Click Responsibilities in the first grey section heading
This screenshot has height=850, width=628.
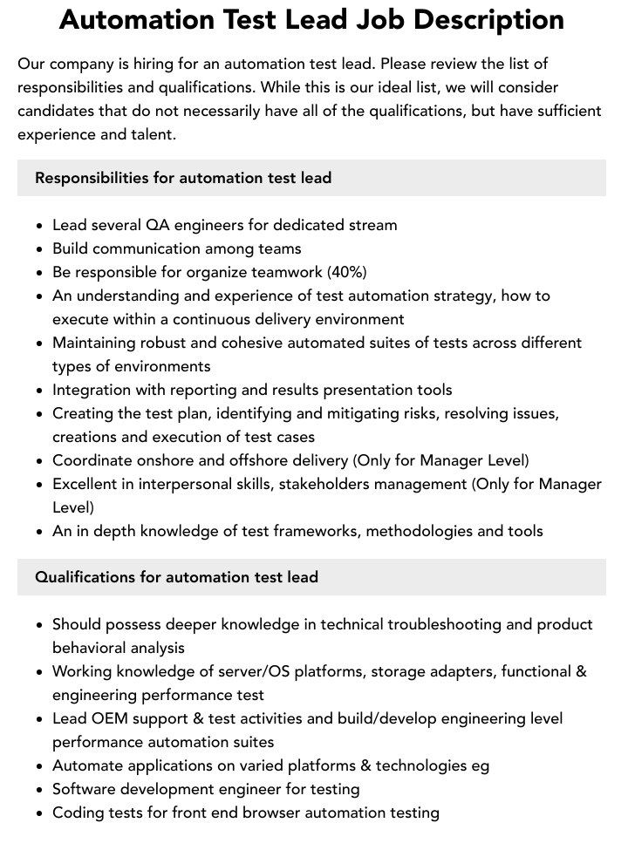(92, 178)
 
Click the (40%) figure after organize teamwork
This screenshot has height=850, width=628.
(347, 272)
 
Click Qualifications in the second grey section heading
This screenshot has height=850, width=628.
(85, 577)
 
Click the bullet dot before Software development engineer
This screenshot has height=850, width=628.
(40, 790)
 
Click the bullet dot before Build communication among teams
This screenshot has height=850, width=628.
(40, 249)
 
